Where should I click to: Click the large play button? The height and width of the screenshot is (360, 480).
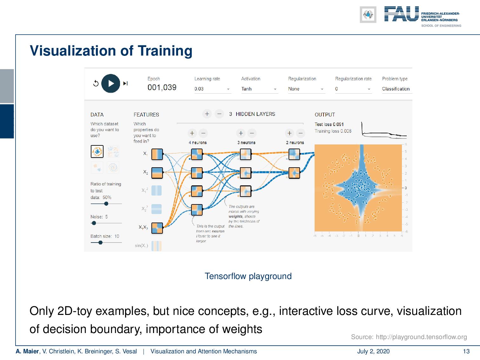tap(110, 83)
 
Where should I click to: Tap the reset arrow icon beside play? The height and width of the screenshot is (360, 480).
tap(96, 83)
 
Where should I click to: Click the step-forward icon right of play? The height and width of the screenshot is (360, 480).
tap(125, 83)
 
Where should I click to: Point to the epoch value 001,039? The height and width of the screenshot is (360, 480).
tap(162, 88)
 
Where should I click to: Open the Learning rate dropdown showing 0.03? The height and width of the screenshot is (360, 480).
tap(212, 89)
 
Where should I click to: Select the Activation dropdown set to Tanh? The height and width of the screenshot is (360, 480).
tap(259, 89)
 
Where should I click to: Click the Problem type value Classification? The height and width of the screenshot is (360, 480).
tap(396, 89)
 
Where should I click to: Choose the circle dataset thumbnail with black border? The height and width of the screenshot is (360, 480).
tap(97, 151)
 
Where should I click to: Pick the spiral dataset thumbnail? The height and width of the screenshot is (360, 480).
tap(113, 167)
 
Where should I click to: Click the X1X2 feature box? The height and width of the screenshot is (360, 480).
tap(157, 228)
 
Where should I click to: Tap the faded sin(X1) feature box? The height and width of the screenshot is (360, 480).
tap(157, 246)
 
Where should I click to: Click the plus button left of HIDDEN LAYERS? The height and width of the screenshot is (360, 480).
tap(207, 114)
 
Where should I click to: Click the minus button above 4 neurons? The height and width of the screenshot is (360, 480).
tap(203, 133)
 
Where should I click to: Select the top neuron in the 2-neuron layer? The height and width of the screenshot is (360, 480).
tap(294, 155)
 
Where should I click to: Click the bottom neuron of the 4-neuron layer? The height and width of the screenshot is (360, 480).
tap(197, 210)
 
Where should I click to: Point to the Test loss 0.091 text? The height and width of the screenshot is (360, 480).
tap(329, 124)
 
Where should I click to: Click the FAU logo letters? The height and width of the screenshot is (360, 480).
tap(402, 14)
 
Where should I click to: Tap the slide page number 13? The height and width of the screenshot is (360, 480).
tap(466, 351)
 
